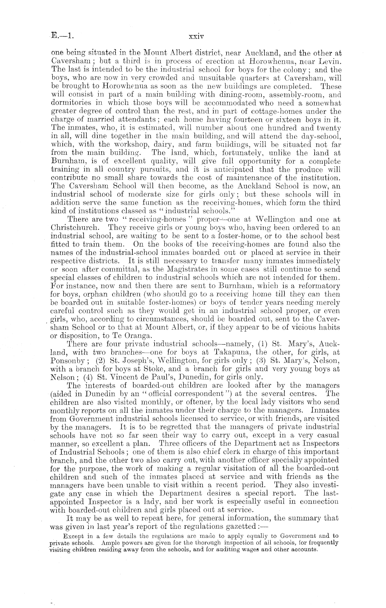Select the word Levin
(331, 62)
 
